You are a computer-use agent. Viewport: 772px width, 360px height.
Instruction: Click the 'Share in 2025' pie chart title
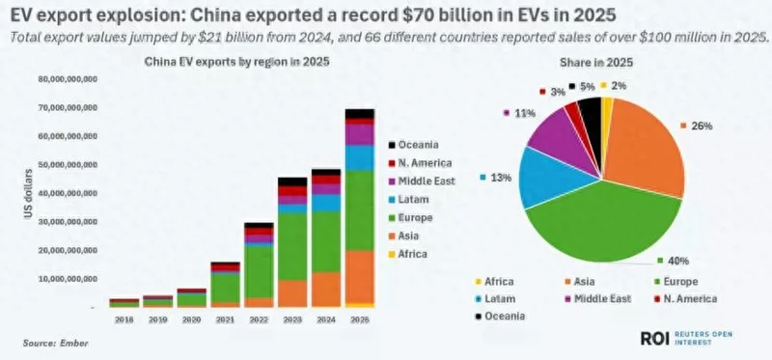(x=601, y=62)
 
